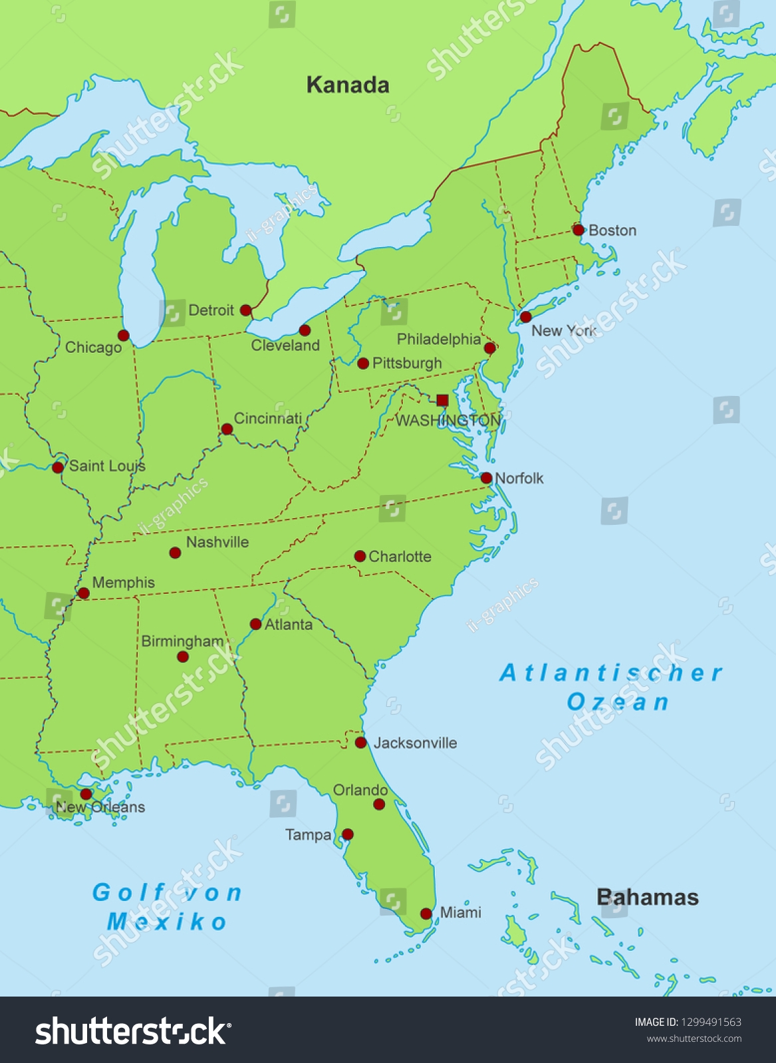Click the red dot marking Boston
[578, 230]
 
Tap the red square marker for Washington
[442, 400]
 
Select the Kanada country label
[347, 85]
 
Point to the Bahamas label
[647, 898]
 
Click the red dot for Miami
[426, 914]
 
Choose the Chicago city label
[93, 347]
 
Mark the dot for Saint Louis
[58, 467]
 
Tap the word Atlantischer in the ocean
[610, 673]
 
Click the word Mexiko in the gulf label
[167, 922]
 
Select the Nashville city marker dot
[175, 553]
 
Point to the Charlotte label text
[400, 557]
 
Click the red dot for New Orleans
[86, 794]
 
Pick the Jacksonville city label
[415, 743]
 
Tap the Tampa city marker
[347, 834]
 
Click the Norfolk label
[519, 478]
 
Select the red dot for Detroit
[245, 310]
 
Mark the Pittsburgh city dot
[363, 363]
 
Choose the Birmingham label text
[182, 641]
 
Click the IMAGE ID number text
[688, 1022]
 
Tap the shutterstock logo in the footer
[133, 1032]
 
